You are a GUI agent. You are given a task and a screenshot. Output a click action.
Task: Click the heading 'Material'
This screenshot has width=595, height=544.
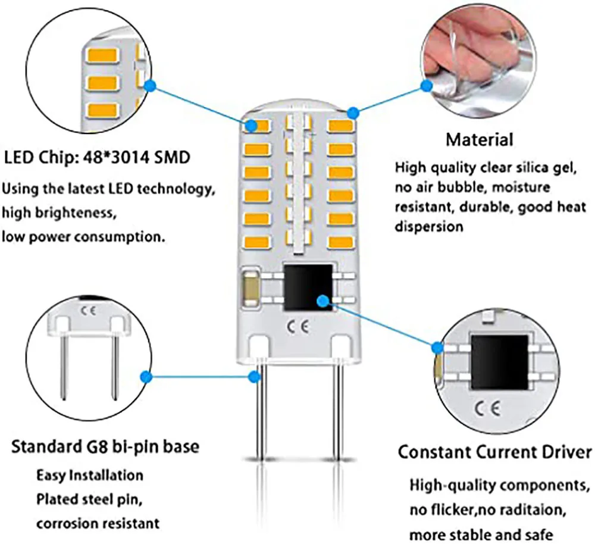coord(479,140)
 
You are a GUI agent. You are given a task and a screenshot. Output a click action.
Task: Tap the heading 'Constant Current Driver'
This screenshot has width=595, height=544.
coord(494,451)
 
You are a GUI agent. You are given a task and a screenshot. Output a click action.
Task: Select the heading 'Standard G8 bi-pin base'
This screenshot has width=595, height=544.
coord(105,446)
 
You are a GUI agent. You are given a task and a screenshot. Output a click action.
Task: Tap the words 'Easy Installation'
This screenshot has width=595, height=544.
coord(90,476)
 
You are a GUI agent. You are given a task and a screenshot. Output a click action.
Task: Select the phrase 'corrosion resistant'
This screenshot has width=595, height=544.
coord(98,523)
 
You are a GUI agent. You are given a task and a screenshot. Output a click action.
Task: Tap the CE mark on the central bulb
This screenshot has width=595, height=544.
coord(297,327)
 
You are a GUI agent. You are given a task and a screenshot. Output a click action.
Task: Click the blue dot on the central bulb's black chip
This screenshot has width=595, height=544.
coord(322,301)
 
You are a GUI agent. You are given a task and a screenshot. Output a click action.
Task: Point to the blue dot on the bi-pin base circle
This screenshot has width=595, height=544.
coord(144,376)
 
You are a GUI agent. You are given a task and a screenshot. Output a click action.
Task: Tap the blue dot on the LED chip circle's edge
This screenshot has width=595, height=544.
coord(151,87)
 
